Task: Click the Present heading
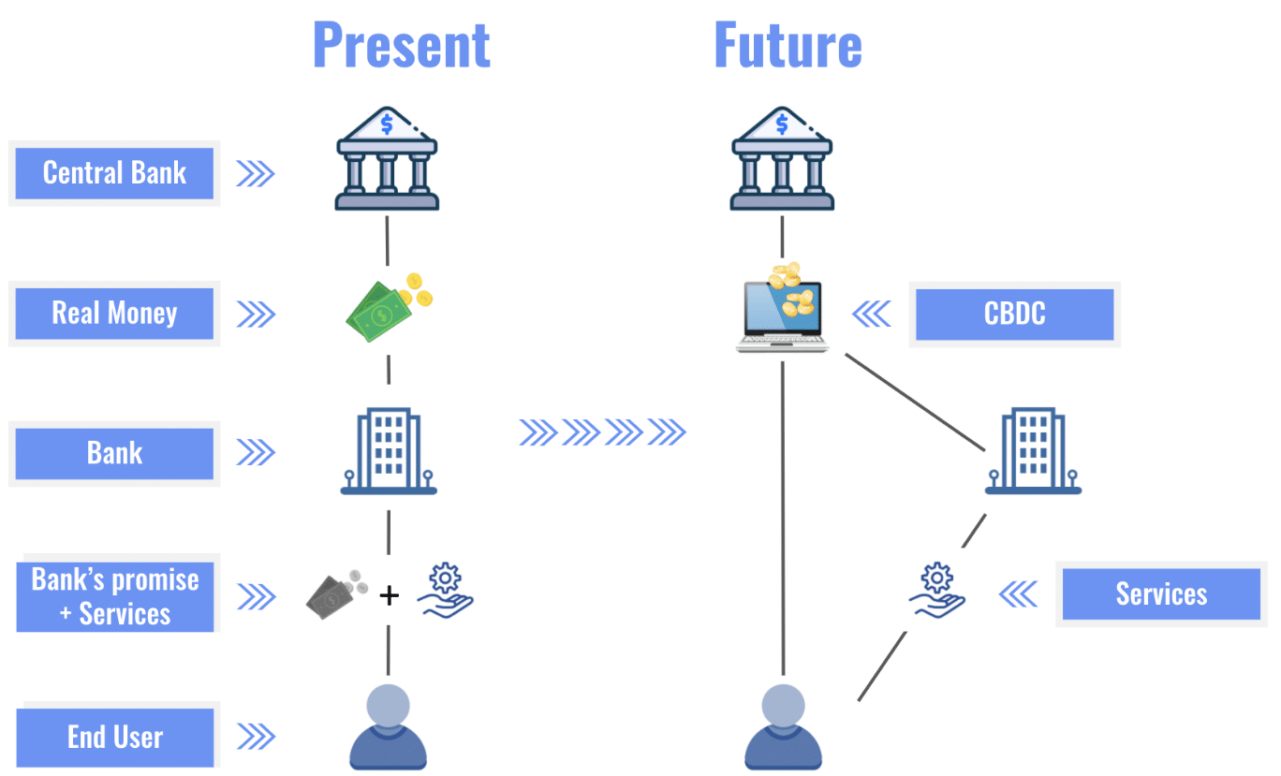(401, 44)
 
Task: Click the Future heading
(788, 44)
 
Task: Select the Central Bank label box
(114, 173)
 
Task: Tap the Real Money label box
(114, 313)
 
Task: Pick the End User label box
(114, 737)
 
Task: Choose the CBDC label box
(1014, 314)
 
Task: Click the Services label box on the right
(1161, 593)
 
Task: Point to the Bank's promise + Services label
(114, 595)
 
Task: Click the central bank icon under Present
(387, 158)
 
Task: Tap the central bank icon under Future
(783, 158)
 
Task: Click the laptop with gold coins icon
(783, 308)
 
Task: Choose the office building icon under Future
(1033, 451)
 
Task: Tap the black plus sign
(389, 594)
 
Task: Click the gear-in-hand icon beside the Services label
(936, 590)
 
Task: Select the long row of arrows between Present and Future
(603, 432)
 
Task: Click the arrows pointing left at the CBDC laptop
(872, 314)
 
